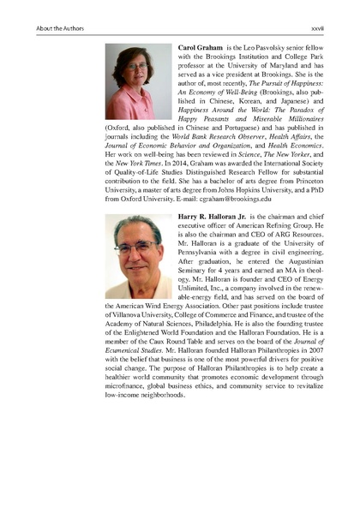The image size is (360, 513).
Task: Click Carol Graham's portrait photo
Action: (136, 81)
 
